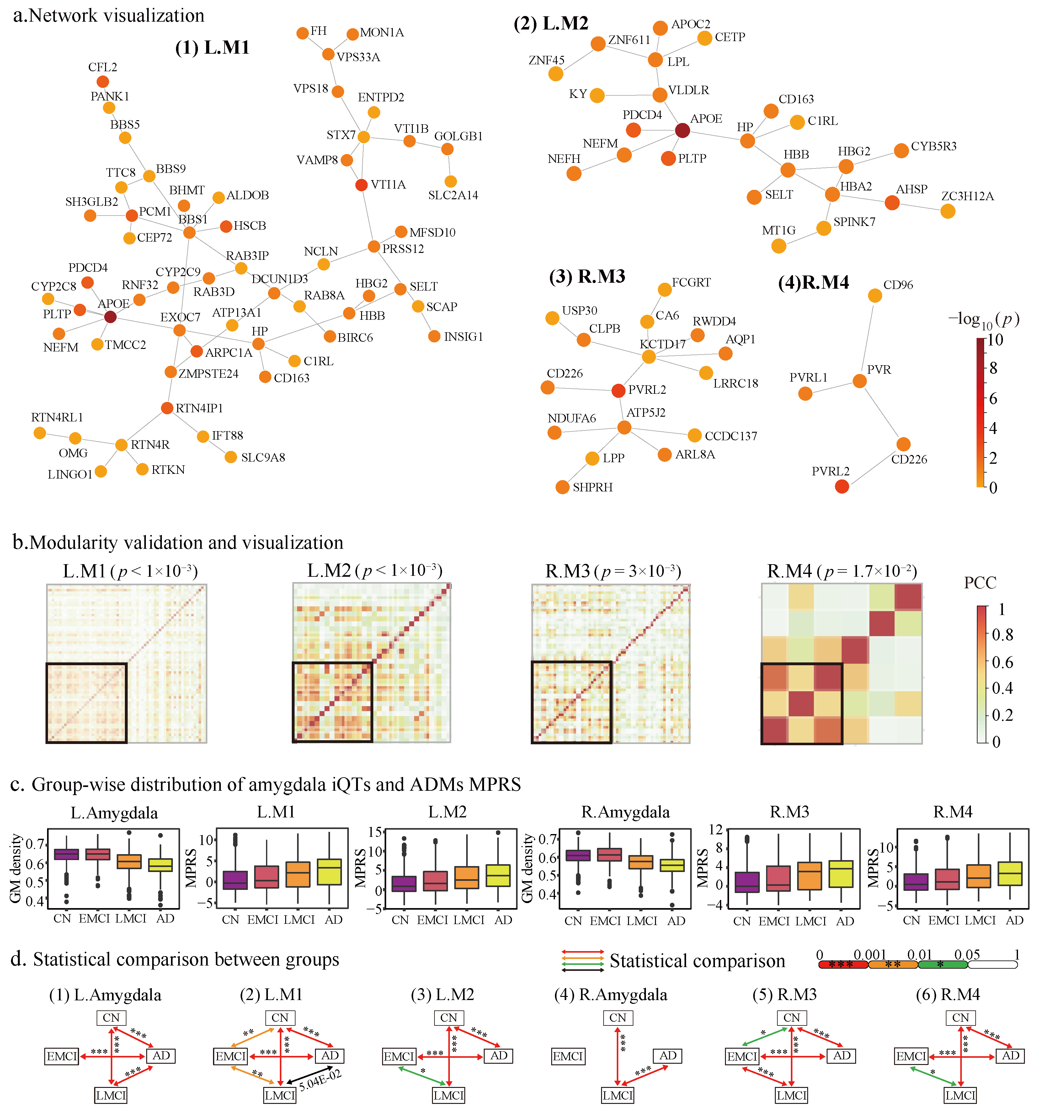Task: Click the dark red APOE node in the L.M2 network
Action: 682,131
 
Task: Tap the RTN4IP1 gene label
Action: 199,408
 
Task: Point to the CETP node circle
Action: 705,38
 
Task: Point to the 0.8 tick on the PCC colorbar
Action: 1002,634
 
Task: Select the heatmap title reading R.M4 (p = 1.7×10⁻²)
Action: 841,571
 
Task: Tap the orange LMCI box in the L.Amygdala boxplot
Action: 129,861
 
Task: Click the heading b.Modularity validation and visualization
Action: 178,543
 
